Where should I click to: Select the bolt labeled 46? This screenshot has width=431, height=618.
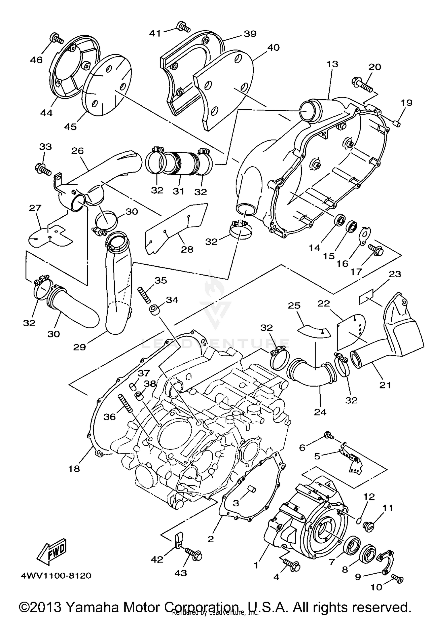click(x=56, y=38)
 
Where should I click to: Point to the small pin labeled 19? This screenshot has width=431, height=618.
click(x=397, y=124)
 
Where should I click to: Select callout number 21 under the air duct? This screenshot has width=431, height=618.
click(x=385, y=385)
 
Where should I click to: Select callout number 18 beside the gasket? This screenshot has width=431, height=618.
click(x=74, y=469)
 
